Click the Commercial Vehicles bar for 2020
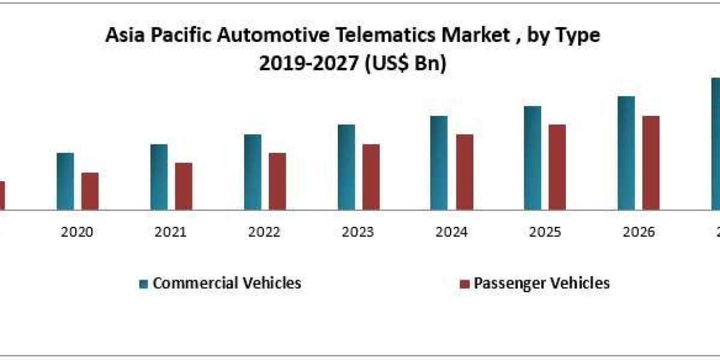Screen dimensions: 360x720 [65, 181]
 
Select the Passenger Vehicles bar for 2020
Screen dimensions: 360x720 [90, 191]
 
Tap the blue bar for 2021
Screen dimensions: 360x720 [159, 177]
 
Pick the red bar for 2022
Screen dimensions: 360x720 [277, 181]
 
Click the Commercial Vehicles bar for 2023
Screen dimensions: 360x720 [346, 167]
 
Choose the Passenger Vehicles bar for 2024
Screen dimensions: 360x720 [464, 172]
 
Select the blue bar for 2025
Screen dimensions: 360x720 [533, 158]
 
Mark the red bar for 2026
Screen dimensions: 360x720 [651, 163]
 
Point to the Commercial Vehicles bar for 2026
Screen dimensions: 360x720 [626, 153]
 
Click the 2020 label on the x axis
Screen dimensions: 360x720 [77, 232]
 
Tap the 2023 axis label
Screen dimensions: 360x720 [358, 232]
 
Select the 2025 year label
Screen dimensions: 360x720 [545, 232]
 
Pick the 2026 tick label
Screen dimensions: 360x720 [638, 232]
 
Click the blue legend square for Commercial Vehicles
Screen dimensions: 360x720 [143, 284]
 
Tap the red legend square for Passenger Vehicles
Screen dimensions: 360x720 [464, 284]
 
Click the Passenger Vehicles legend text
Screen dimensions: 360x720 [542, 283]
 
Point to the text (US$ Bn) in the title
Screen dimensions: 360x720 [406, 64]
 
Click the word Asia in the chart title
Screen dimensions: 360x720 [122, 36]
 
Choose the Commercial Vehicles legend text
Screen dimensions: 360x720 [227, 283]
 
